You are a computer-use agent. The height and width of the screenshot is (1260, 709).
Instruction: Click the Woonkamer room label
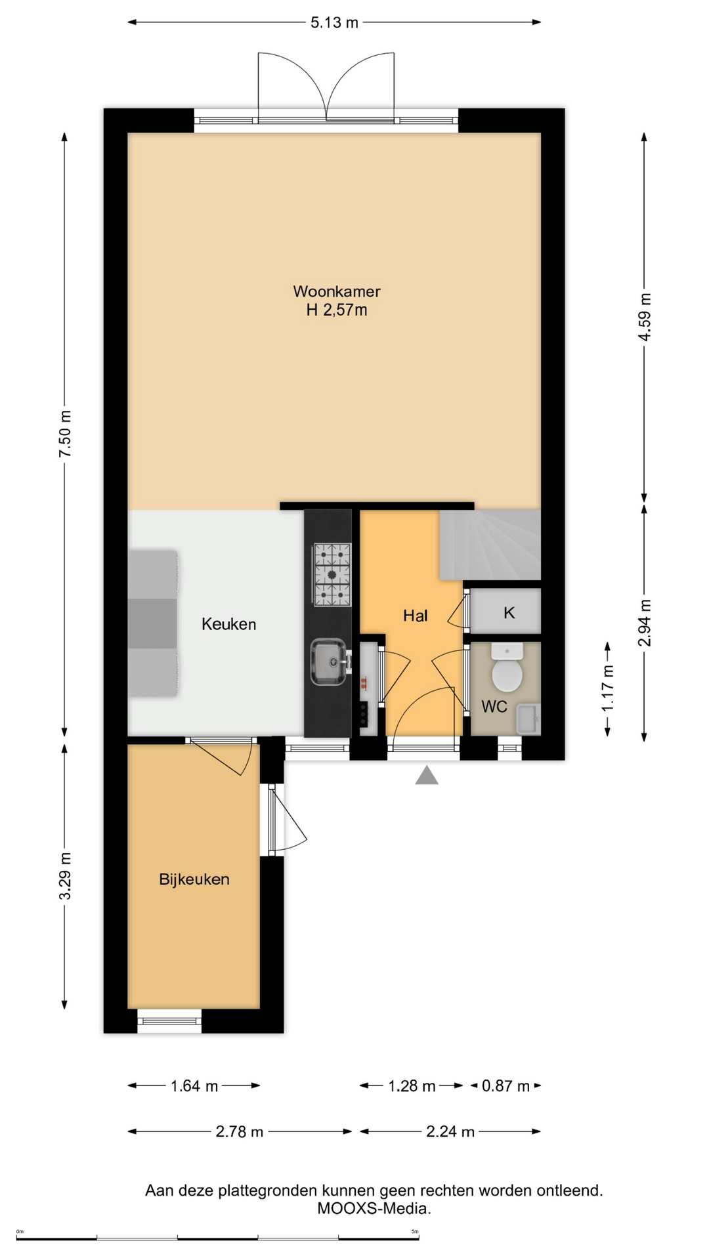pos(337,291)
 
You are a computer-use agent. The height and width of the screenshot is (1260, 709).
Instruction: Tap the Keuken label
pos(228,624)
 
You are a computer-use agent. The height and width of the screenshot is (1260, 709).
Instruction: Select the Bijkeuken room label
pos(194,879)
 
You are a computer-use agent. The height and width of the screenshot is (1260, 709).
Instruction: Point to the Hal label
pos(416,616)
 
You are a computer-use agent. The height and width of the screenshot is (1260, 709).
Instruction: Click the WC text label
pos(494,707)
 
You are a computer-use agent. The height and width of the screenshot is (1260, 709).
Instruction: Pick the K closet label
pos(509,613)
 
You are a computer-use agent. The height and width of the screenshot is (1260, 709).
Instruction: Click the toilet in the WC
pos(507,667)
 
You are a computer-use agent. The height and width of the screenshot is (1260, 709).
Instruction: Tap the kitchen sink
pos(329,662)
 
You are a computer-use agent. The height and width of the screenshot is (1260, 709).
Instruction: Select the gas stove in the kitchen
pos(332,575)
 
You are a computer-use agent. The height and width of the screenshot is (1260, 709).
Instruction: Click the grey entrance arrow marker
pos(427,776)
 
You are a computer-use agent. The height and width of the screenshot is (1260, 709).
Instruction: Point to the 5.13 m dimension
pos(335,22)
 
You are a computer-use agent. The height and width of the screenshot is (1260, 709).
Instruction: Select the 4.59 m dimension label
pos(645,317)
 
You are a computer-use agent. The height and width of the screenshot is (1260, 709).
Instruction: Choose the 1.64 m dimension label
pos(194,1086)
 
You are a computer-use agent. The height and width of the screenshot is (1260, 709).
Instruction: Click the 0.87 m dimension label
pos(505,1086)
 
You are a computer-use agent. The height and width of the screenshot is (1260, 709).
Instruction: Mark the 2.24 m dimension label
pos(450,1132)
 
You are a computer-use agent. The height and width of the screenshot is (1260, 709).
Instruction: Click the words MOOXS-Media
pos(374,1208)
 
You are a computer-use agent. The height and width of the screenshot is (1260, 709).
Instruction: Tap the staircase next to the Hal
pos(490,545)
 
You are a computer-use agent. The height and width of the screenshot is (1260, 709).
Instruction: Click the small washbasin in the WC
pos(528,719)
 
